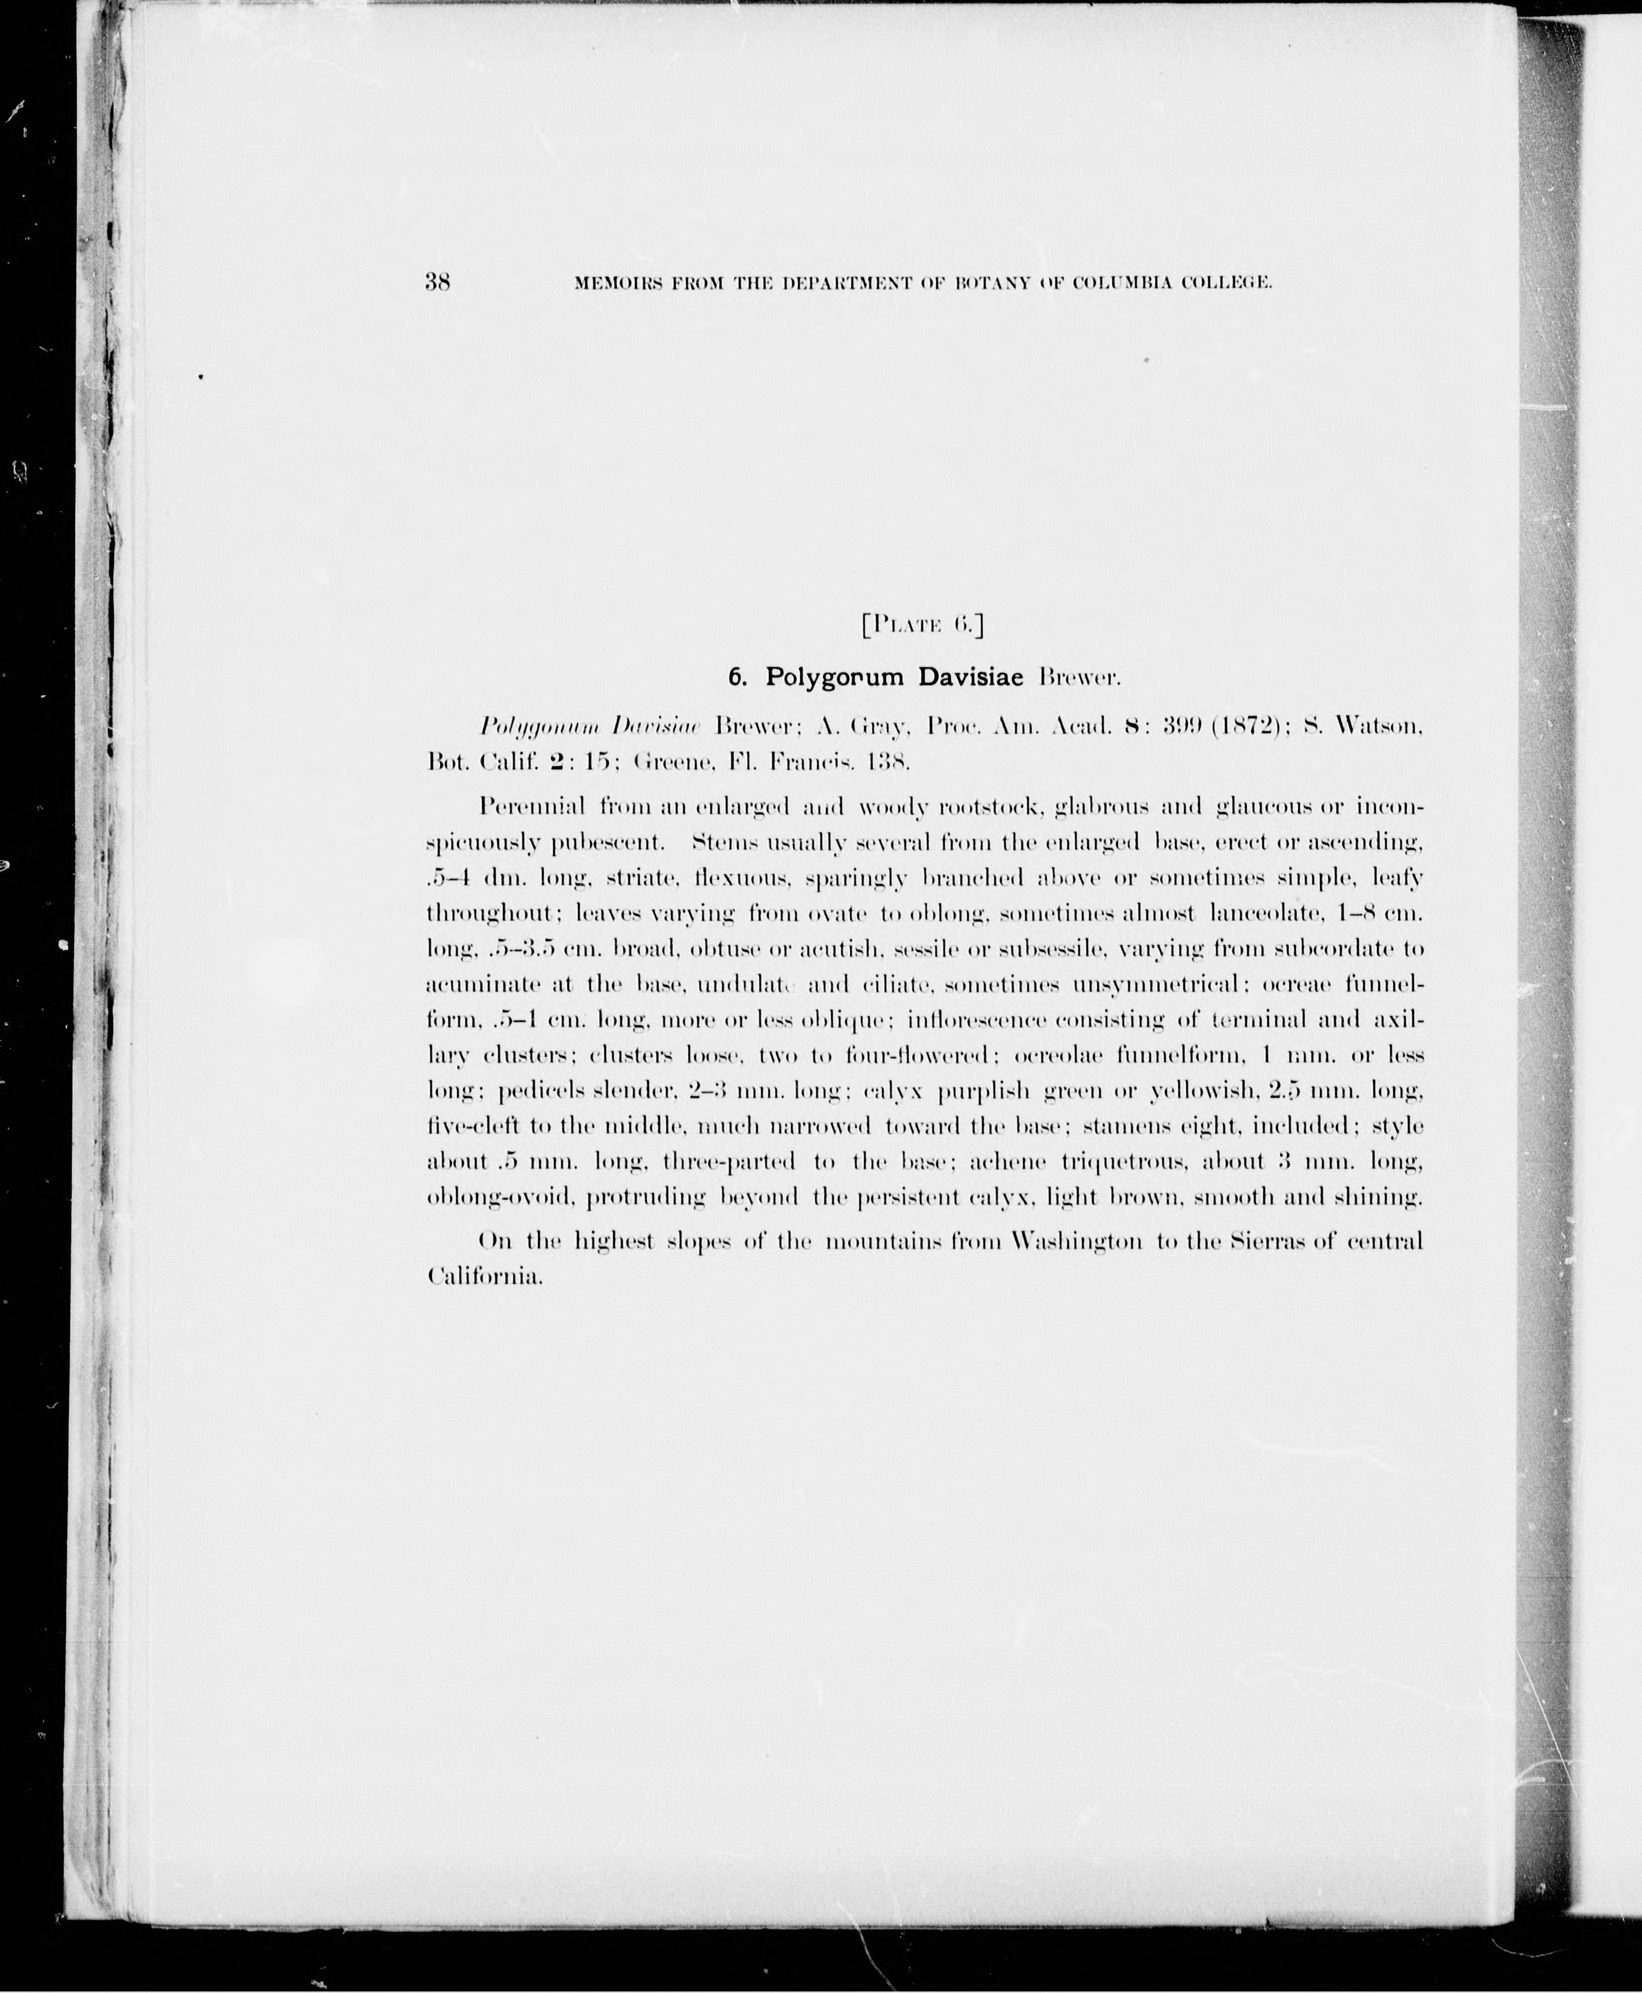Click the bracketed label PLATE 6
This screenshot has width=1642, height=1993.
click(923, 624)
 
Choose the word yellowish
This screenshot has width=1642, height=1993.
click(1203, 1091)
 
